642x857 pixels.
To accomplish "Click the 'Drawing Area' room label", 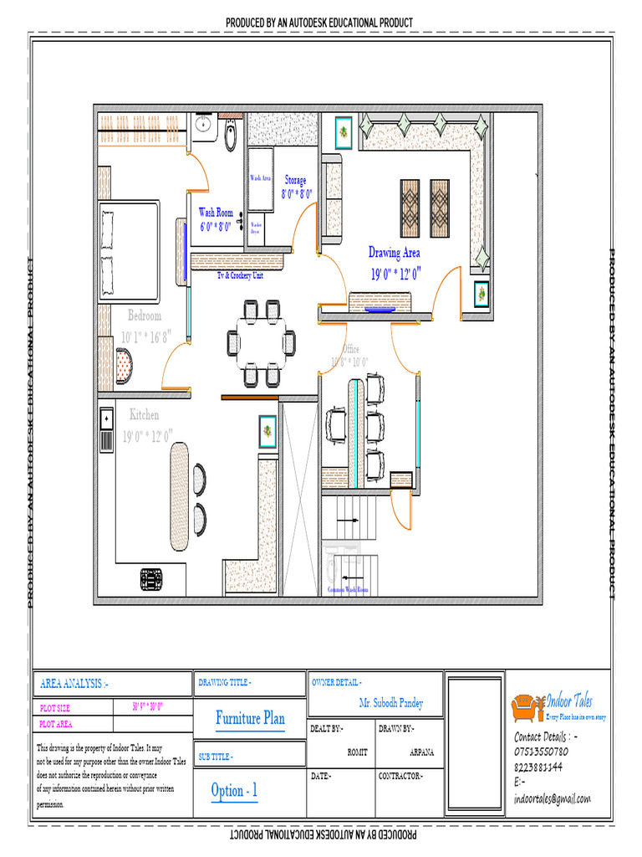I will coord(395,253).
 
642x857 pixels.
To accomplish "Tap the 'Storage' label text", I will coord(295,180).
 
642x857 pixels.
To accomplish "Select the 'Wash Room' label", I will coord(216,213).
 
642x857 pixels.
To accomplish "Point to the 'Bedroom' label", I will coord(145,316).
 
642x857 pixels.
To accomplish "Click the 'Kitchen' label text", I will coord(144,415).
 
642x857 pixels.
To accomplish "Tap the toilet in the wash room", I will coord(232,134).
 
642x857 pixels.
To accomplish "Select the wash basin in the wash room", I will coord(203,126).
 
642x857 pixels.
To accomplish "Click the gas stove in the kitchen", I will coord(151,579).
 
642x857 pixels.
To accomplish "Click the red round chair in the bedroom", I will coord(124,367).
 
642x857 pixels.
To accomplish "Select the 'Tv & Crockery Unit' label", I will coord(240,275).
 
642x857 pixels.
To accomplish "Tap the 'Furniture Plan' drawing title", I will coord(250,718).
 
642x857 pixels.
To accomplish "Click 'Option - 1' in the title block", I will coord(235,791).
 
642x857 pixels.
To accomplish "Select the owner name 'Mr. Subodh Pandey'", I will coord(391,703).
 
